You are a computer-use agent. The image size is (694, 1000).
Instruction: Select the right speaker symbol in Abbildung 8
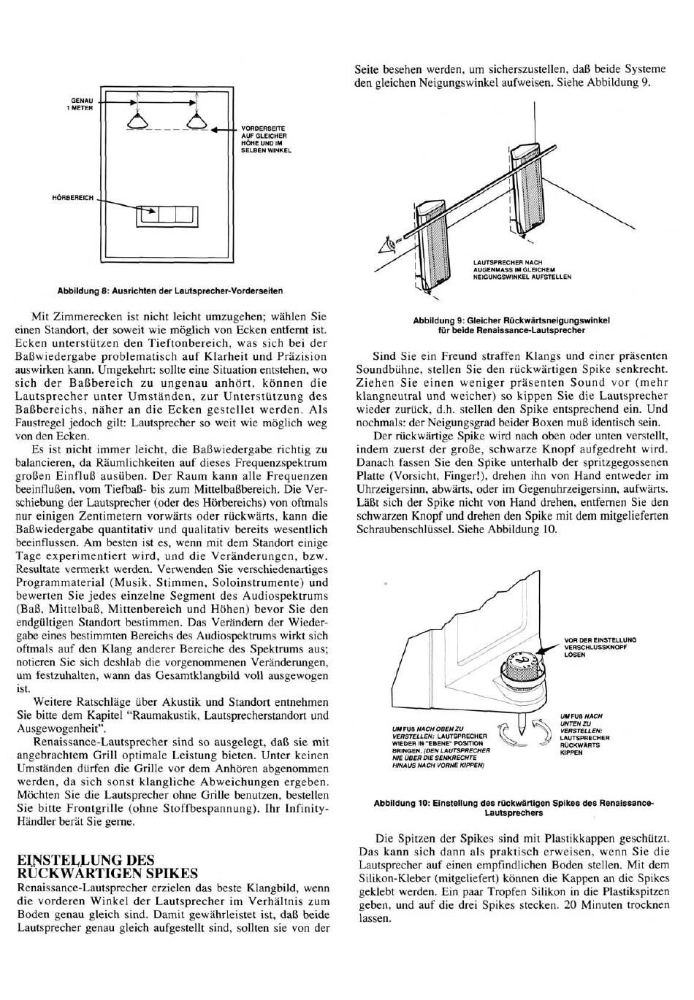(196, 120)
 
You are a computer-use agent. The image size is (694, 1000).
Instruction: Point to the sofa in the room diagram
(167, 217)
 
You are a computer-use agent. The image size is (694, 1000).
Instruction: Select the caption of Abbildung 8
(169, 291)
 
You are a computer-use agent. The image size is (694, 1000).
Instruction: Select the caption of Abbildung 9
(511, 326)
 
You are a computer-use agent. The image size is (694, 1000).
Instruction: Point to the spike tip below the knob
(522, 731)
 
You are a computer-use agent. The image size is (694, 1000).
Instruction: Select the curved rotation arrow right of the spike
(541, 732)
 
